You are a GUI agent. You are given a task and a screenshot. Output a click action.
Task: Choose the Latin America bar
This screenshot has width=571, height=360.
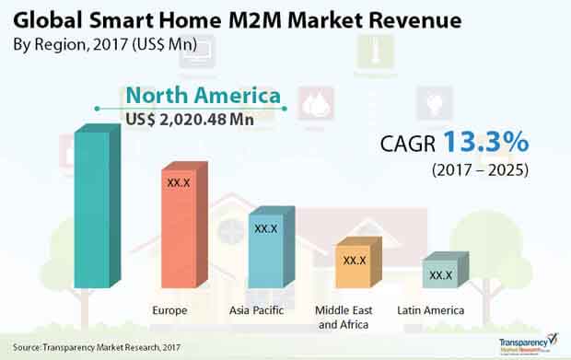[x=441, y=274]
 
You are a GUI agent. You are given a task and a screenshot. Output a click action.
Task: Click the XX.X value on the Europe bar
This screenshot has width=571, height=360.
[x=179, y=182]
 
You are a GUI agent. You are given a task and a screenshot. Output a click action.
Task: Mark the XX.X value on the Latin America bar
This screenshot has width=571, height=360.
[x=441, y=274]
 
